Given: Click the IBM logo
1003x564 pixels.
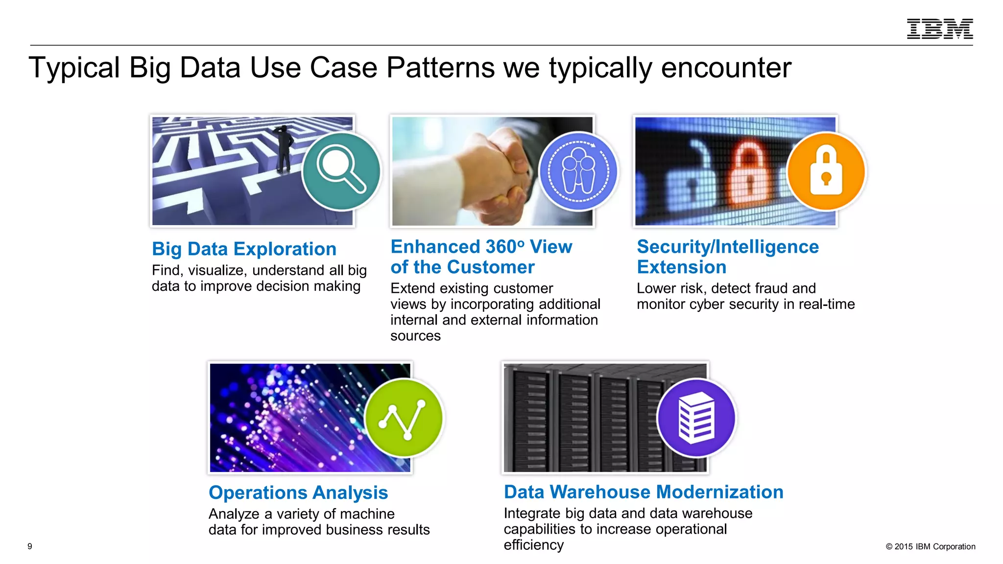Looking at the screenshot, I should [x=939, y=29].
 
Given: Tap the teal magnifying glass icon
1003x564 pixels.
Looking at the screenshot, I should [x=341, y=171].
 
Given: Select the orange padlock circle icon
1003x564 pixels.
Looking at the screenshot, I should [x=826, y=171].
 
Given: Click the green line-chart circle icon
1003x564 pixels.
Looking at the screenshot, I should [x=404, y=418].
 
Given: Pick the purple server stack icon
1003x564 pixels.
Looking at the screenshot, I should [x=696, y=418].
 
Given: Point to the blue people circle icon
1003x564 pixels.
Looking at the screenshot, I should [x=578, y=171].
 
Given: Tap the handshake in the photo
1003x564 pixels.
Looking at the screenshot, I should [x=504, y=171].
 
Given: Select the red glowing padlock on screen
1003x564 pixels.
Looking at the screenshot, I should [x=748, y=171].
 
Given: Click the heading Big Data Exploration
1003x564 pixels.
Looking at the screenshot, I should [x=244, y=249].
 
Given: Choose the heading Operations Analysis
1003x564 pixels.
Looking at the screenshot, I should [x=298, y=493].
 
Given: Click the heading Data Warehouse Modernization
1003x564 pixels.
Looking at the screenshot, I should [x=644, y=492].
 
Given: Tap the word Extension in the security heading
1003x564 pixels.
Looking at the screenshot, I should [x=681, y=267].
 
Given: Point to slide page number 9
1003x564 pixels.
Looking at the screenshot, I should [x=30, y=546].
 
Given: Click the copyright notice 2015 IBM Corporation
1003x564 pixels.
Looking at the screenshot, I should [x=930, y=546].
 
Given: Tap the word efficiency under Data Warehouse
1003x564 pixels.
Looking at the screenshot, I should [x=533, y=545].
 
